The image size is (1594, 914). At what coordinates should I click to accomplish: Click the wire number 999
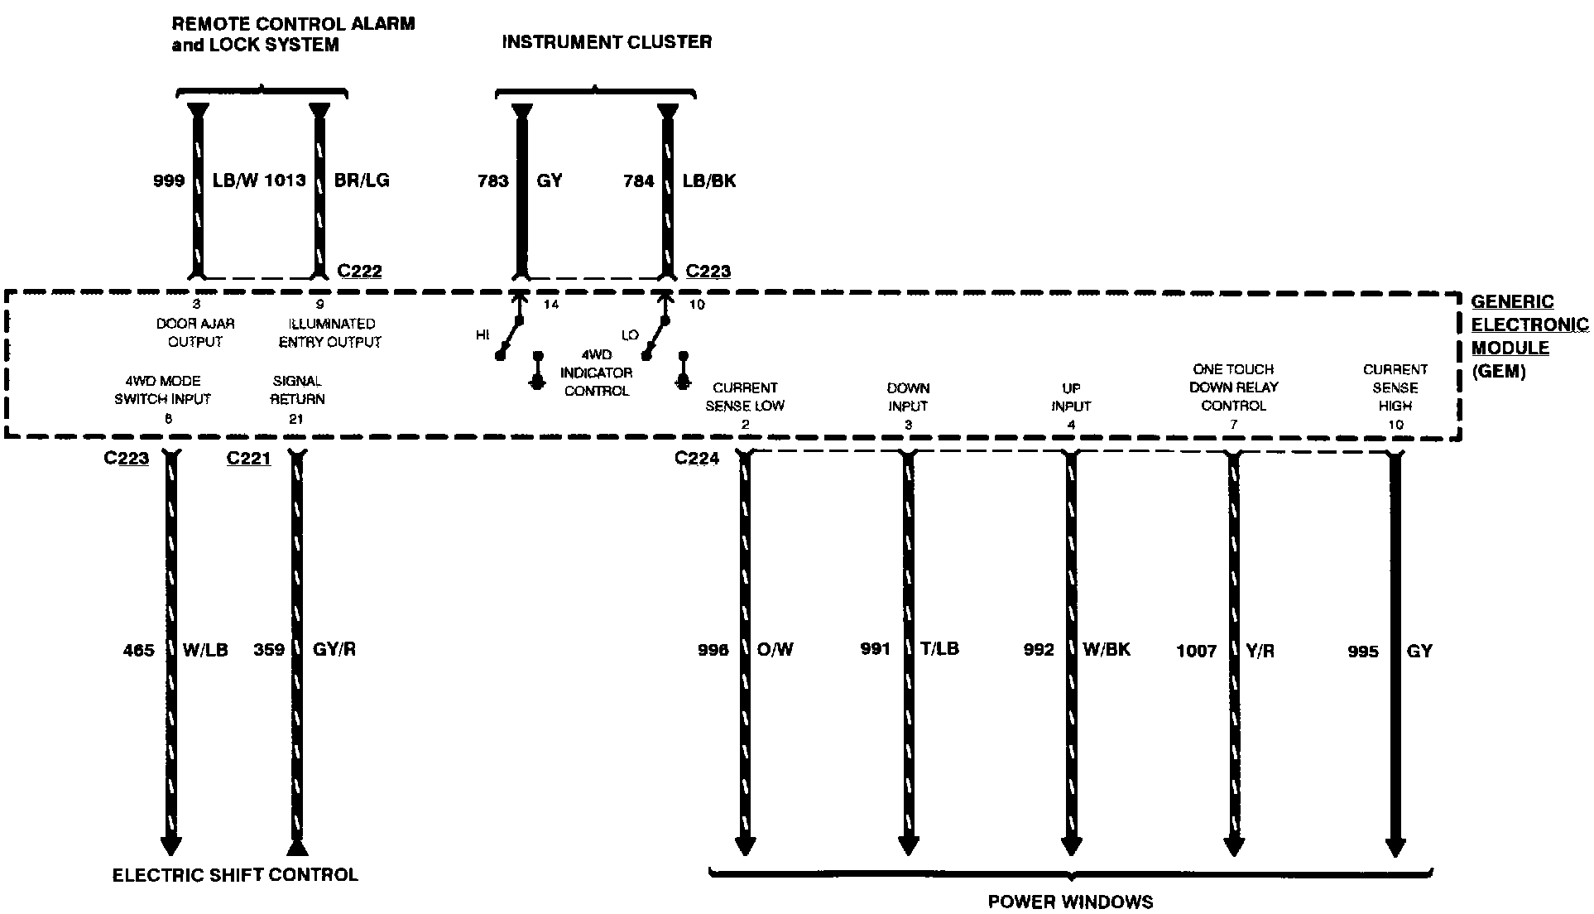pos(169,180)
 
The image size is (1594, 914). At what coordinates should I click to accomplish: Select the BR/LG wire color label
pos(361,180)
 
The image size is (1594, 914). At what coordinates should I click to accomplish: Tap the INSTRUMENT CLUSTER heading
pos(607,42)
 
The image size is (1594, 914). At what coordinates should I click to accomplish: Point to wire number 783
pos(492,180)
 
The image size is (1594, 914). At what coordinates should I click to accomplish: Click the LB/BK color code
pos(709,180)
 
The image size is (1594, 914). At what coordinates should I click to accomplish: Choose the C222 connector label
pos(360,271)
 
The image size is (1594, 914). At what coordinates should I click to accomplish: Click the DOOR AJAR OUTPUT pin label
pos(195,333)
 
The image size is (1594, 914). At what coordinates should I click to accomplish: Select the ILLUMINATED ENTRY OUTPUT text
pos(329,333)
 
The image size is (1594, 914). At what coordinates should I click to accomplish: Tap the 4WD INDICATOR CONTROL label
pos(596,373)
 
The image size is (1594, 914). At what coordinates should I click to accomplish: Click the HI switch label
pos(483,335)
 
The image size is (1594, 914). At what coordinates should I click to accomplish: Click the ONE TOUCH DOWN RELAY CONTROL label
pos(1233,387)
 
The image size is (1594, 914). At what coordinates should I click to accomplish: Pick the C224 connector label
pos(697,459)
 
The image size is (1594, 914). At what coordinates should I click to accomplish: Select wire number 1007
pos(1196,652)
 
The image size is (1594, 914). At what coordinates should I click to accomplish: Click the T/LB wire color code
pos(939,649)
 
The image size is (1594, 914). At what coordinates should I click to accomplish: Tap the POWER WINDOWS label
pos(1070,902)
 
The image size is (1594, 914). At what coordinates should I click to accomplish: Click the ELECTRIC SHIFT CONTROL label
pos(235,875)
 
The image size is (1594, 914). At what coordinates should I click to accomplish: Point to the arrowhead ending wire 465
pos(170,844)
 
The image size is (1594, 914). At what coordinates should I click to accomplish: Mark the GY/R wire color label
pos(334,649)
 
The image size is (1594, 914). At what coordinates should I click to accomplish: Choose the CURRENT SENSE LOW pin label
pos(745,397)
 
